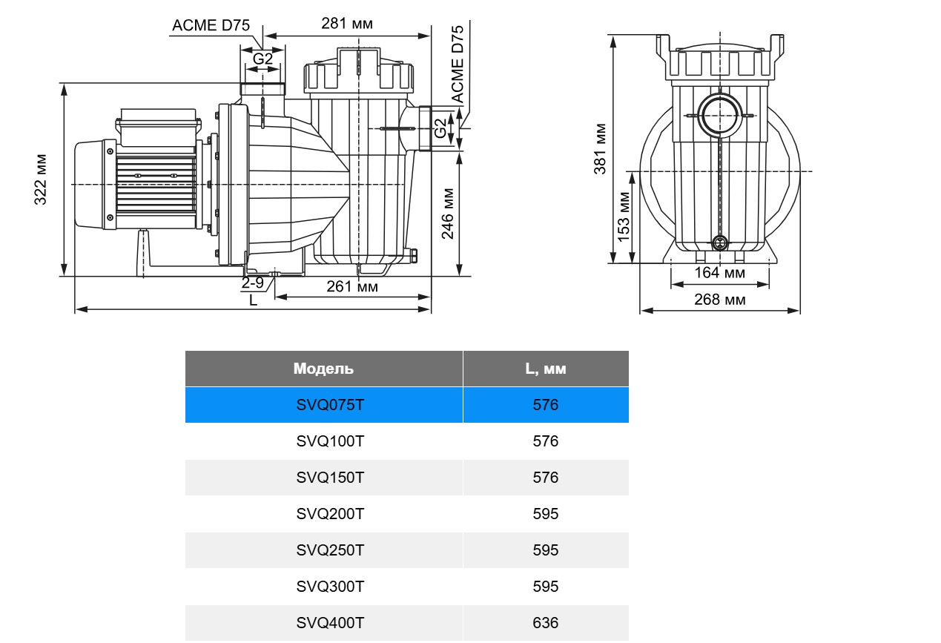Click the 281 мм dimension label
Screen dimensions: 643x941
[x=346, y=24]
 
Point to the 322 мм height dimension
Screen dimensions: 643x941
[x=41, y=179]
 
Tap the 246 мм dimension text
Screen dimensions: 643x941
[x=449, y=214]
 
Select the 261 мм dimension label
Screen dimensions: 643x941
[x=352, y=286]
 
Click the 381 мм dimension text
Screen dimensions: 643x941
[x=601, y=148]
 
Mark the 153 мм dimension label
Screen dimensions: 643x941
[x=624, y=217]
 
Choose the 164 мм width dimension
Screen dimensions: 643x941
[x=719, y=273]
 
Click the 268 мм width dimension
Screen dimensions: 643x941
[x=719, y=300]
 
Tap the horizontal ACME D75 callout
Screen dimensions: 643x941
[x=211, y=25]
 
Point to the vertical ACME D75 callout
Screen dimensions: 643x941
[x=458, y=64]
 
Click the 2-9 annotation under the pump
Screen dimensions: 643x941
[x=252, y=283]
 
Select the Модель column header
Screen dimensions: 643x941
[x=323, y=369]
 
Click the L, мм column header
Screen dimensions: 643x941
[x=545, y=369]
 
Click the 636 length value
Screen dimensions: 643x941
[x=545, y=623]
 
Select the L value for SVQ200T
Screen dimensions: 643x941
[x=545, y=514]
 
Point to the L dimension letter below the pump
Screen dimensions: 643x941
[x=253, y=300]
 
